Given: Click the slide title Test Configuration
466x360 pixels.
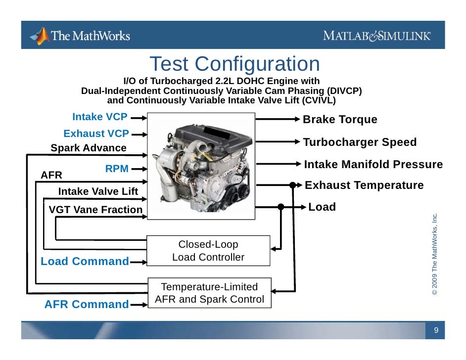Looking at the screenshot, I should coord(234,64).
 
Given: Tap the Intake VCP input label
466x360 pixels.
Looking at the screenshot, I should coord(100,117).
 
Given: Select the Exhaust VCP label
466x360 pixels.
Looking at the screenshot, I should coord(96,134).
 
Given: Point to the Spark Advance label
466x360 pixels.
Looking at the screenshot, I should coord(89,148).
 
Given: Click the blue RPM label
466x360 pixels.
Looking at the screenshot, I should coord(117,169).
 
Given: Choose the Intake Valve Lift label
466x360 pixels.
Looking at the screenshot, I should coord(98,192).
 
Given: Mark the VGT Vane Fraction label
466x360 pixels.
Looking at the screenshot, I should coord(95,210).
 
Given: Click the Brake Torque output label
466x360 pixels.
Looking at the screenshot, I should coord(340,120).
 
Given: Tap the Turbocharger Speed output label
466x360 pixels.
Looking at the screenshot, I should coord(360,142).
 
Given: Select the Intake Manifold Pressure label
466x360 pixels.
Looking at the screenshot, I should coord(373,165).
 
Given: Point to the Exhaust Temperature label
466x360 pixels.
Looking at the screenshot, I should coord(364,185).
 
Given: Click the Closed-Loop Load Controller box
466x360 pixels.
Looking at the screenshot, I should coord(208,251).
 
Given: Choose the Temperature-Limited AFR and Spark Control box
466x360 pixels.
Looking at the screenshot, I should coord(210,293).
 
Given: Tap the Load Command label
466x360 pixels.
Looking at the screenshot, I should coord(85,262).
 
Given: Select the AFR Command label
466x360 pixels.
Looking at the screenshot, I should coord(87,305).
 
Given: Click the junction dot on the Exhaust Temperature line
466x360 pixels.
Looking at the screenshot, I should coord(293,185).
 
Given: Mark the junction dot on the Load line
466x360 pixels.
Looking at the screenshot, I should coord(281,207).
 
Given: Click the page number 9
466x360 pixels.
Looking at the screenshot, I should coord(436,330).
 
